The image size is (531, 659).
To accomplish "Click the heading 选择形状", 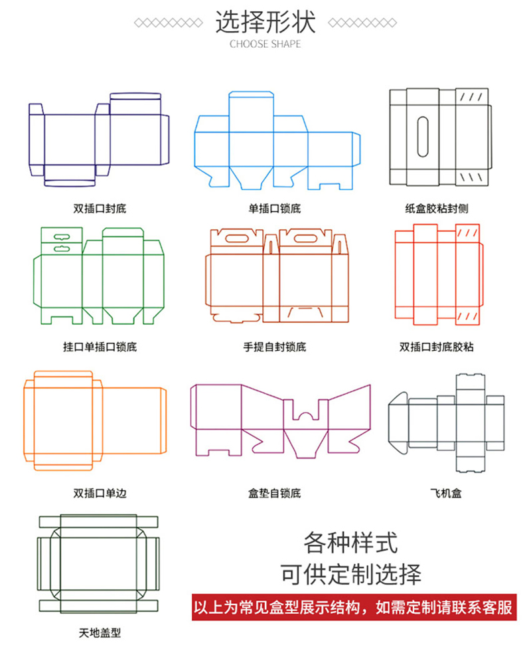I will click(x=265, y=22).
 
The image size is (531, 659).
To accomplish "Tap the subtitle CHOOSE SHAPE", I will click(x=265, y=45).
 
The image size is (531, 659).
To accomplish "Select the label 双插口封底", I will click(x=100, y=209).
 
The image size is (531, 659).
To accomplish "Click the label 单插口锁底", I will click(x=275, y=209).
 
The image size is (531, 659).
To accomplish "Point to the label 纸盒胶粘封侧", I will click(x=436, y=209).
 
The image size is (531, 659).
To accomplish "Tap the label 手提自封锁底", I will click(x=275, y=347).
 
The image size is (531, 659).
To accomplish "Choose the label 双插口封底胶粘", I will click(x=436, y=347).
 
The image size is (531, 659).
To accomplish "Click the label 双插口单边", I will click(x=100, y=493).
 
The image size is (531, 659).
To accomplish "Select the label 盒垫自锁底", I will click(x=275, y=493).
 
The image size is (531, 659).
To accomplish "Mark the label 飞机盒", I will click(x=445, y=493).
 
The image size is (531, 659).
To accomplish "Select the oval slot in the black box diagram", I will click(x=423, y=138).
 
